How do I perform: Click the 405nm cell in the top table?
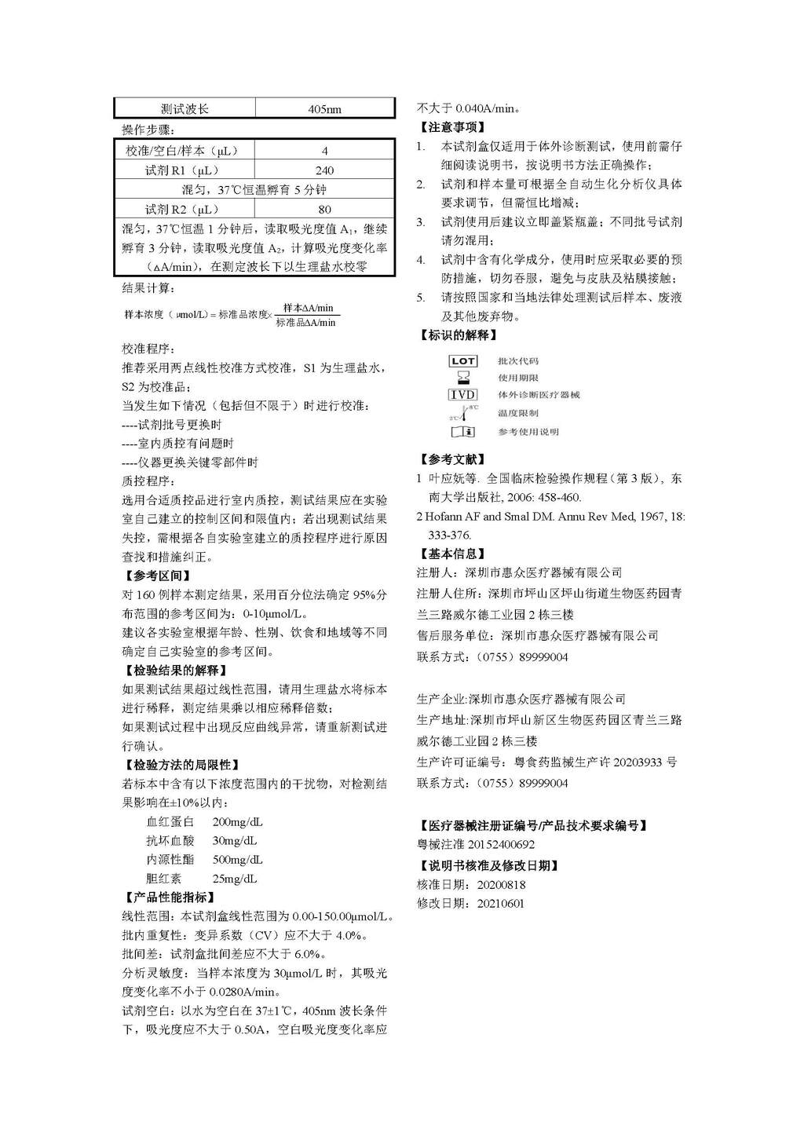coord(324,110)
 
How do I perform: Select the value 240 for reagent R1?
coord(324,170)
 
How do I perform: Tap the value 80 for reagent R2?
coord(324,210)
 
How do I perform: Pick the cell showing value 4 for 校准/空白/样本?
coord(324,151)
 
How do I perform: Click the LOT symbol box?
coord(462,361)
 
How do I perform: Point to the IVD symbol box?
coord(462,395)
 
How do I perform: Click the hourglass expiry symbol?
coord(462,378)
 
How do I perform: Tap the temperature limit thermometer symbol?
coord(462,412)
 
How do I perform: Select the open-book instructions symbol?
coord(462,432)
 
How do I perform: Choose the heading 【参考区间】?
coord(157,576)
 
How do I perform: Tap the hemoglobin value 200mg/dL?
coord(237,822)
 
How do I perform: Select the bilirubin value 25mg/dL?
coord(234,879)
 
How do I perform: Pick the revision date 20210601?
coord(501,904)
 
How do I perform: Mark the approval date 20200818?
coord(501,885)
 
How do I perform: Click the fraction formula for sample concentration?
coord(309,315)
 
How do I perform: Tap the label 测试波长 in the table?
coord(185,110)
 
